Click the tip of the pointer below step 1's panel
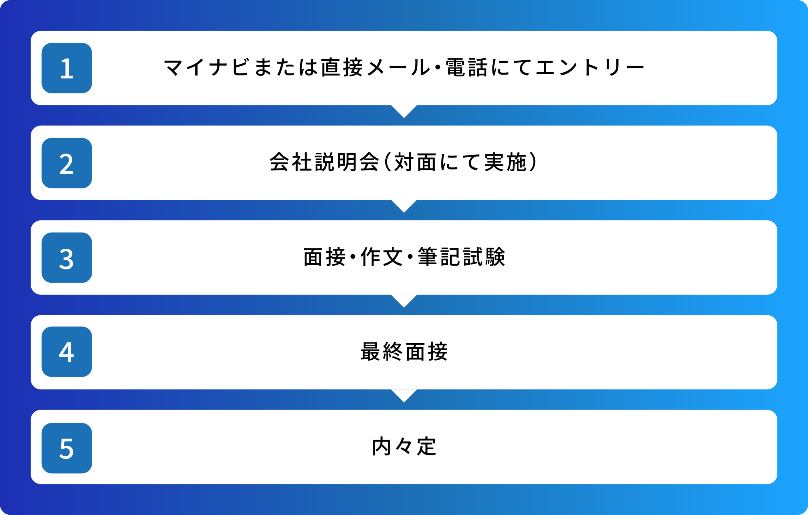[x=404, y=118]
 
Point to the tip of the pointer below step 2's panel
[x=404, y=213]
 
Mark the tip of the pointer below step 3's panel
[x=404, y=308]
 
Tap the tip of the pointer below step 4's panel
[x=404, y=402]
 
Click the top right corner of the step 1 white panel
[x=777, y=31]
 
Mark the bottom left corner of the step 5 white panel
[x=31, y=484]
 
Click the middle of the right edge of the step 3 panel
[x=777, y=257]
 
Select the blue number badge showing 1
[x=67, y=68]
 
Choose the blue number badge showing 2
[x=67, y=163]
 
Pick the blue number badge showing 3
[x=67, y=258]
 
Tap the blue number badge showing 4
[x=67, y=352]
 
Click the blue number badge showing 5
[x=67, y=448]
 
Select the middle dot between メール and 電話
[x=437, y=68]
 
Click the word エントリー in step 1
[x=590, y=68]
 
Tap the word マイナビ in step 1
[x=206, y=67]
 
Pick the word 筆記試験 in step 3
[x=461, y=257]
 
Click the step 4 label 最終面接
[x=404, y=352]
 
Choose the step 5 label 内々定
[x=404, y=447]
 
